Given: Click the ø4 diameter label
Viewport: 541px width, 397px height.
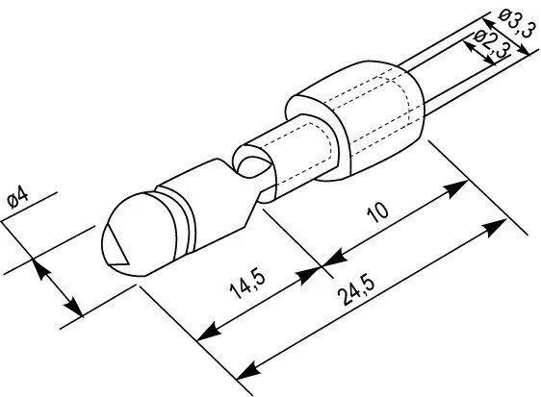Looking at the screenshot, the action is [18, 197].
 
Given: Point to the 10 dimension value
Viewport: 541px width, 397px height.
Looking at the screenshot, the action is [378, 211].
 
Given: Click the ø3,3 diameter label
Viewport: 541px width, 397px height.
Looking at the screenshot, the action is [515, 21].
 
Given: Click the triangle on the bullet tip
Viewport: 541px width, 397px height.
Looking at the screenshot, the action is [116, 245].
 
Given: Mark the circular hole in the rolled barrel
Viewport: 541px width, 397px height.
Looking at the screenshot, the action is [252, 167].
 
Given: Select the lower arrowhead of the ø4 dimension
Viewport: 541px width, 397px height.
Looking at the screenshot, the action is [74, 307].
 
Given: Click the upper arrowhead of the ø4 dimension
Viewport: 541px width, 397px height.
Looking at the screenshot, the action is [40, 268].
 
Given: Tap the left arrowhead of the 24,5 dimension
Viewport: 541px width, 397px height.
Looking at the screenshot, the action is [248, 370].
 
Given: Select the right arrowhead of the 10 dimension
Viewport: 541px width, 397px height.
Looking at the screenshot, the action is [455, 188].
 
